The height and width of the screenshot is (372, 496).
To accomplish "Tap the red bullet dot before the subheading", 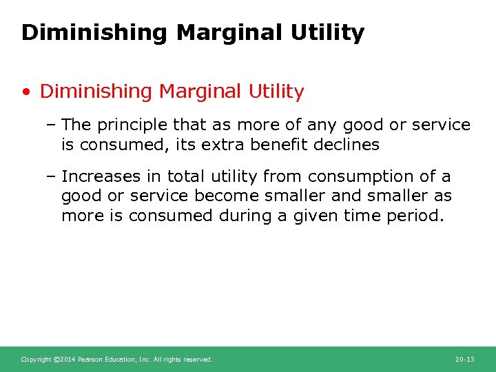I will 26,92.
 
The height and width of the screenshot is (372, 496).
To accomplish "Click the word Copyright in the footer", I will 35,360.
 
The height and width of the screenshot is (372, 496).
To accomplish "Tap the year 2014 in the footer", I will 66,360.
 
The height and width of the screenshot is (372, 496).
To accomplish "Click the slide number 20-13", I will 465,360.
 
